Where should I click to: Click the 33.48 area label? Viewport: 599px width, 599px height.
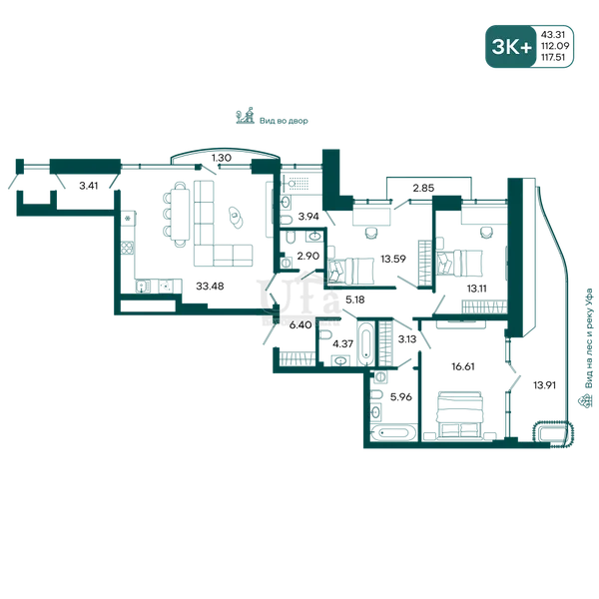click(x=210, y=286)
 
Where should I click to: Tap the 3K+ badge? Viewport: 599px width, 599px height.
click(x=511, y=47)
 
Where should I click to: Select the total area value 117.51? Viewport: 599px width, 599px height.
click(x=553, y=57)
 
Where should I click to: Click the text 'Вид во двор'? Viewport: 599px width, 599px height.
click(x=284, y=121)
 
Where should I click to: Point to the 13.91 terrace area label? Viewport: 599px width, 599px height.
click(x=544, y=385)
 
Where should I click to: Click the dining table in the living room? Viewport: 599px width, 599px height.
click(x=180, y=215)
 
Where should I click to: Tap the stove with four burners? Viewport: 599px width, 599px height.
click(x=127, y=248)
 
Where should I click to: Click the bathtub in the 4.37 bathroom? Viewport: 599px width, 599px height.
click(x=365, y=342)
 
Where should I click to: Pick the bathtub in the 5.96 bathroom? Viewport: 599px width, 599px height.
click(x=392, y=433)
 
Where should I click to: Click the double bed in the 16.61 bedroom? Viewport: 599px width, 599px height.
click(x=460, y=414)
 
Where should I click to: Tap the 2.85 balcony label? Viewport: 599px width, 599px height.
click(x=423, y=188)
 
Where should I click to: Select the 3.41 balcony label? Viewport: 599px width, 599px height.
click(x=88, y=186)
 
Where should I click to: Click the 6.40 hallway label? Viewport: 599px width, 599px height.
click(x=300, y=325)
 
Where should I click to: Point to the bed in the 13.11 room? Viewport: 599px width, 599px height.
click(x=459, y=263)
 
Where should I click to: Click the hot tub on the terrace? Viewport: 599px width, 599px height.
click(x=553, y=434)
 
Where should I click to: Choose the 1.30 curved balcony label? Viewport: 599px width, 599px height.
click(x=222, y=158)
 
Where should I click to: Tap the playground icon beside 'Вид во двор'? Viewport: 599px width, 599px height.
click(x=245, y=116)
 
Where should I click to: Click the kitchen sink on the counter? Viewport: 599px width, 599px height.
click(x=142, y=287)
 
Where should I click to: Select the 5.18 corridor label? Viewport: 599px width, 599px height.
click(x=354, y=299)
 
